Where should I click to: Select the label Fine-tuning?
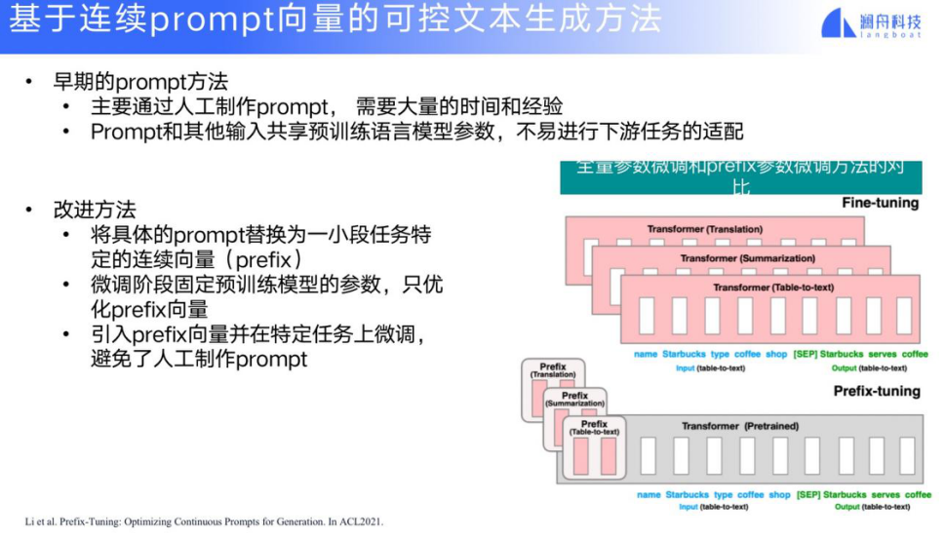[x=880, y=204]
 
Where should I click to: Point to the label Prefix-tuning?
[x=876, y=391]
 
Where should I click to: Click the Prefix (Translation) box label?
[x=552, y=369]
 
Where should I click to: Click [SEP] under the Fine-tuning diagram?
[x=805, y=354]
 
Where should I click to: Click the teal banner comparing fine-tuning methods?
[x=740, y=175]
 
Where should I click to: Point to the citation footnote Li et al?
[x=205, y=522]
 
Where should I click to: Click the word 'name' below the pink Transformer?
[x=645, y=354]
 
